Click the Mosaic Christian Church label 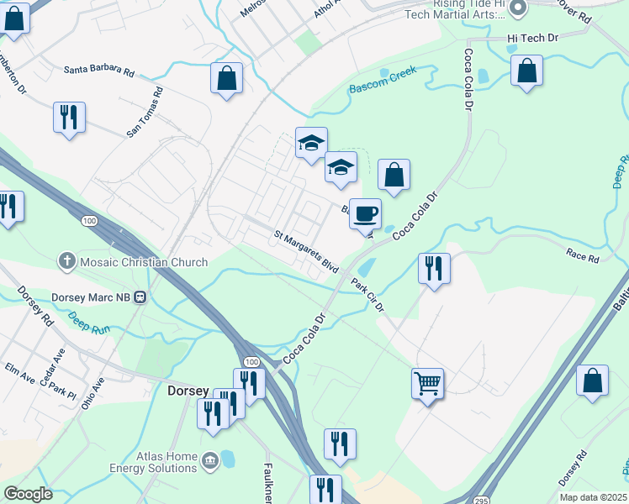pos(143,262)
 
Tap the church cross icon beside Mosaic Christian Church pos(66,262)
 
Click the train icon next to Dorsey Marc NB pos(141,297)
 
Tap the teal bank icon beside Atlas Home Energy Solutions pos(209,460)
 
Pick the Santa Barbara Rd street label pos(99,72)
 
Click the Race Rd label pos(582,256)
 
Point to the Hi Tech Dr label pos(533,39)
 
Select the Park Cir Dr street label pos(367,295)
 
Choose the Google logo pos(27,494)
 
